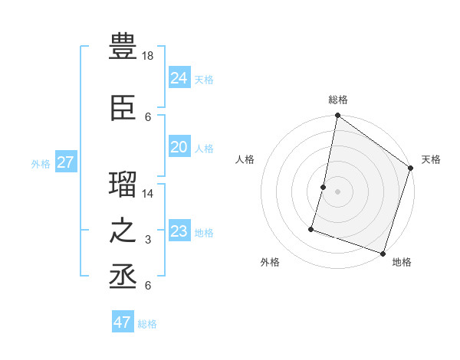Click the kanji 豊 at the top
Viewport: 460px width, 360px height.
coord(123,47)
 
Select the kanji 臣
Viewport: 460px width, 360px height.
coord(123,108)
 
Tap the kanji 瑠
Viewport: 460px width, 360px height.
coord(123,185)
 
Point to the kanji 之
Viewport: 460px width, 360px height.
coord(123,231)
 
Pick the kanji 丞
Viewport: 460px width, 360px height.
coord(123,277)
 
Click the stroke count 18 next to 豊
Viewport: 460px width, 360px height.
coord(149,57)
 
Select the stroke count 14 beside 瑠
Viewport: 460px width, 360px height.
coord(149,194)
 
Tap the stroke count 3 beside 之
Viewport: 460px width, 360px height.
coord(148,240)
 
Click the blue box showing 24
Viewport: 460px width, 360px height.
coord(179,77)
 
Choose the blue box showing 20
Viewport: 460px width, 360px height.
coord(179,147)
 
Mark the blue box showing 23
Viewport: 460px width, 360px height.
coord(179,231)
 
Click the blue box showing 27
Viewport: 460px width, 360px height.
coord(65,162)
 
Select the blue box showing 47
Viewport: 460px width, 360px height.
coord(123,322)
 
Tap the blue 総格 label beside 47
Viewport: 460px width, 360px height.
coord(147,324)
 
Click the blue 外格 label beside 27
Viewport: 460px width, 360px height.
coord(41,164)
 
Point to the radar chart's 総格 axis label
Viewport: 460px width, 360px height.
coord(338,100)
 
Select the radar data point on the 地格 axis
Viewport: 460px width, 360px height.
coord(383,253)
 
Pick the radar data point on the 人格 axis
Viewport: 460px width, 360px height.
coord(324,187)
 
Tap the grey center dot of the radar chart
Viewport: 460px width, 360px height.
coord(338,191)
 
